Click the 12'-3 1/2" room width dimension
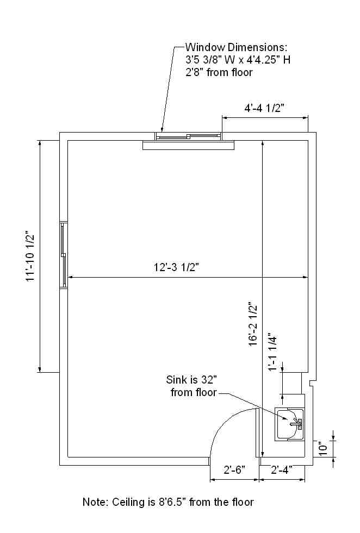176,267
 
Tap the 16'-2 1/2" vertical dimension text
253,324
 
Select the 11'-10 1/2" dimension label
31,256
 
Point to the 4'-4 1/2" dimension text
264,108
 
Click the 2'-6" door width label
234,470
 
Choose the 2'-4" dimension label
282,470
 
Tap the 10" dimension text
324,448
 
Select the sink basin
289,424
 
